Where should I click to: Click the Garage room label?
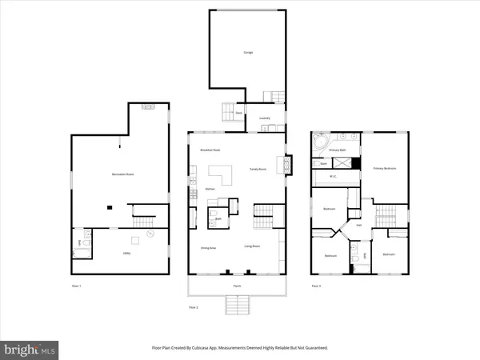pyautogui.click(x=248, y=53)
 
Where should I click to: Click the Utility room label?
pyautogui.click(x=127, y=253)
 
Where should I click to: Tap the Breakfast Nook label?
pyautogui.click(x=209, y=150)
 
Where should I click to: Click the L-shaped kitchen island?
pyautogui.click(x=220, y=175)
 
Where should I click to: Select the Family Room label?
pyautogui.click(x=258, y=170)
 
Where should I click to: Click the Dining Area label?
pyautogui.click(x=208, y=248)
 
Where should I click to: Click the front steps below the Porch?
pyautogui.click(x=237, y=304)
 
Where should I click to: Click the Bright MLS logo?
pyautogui.click(x=30, y=349)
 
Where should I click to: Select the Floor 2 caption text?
pyautogui.click(x=192, y=306)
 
